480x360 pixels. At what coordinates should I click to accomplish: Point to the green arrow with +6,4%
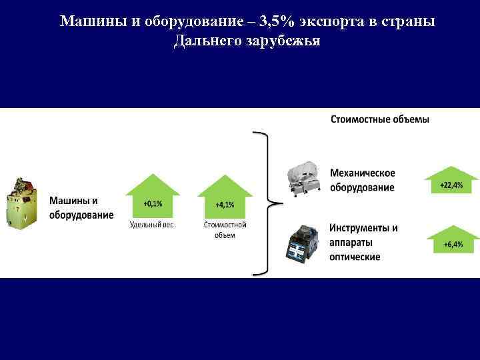(x=453, y=239)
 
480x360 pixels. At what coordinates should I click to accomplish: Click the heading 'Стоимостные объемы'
(x=380, y=119)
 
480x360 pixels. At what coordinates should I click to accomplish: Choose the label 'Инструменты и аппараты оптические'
(x=363, y=241)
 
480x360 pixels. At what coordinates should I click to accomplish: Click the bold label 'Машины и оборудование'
(x=81, y=207)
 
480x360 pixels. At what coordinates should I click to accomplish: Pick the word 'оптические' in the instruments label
(x=355, y=257)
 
